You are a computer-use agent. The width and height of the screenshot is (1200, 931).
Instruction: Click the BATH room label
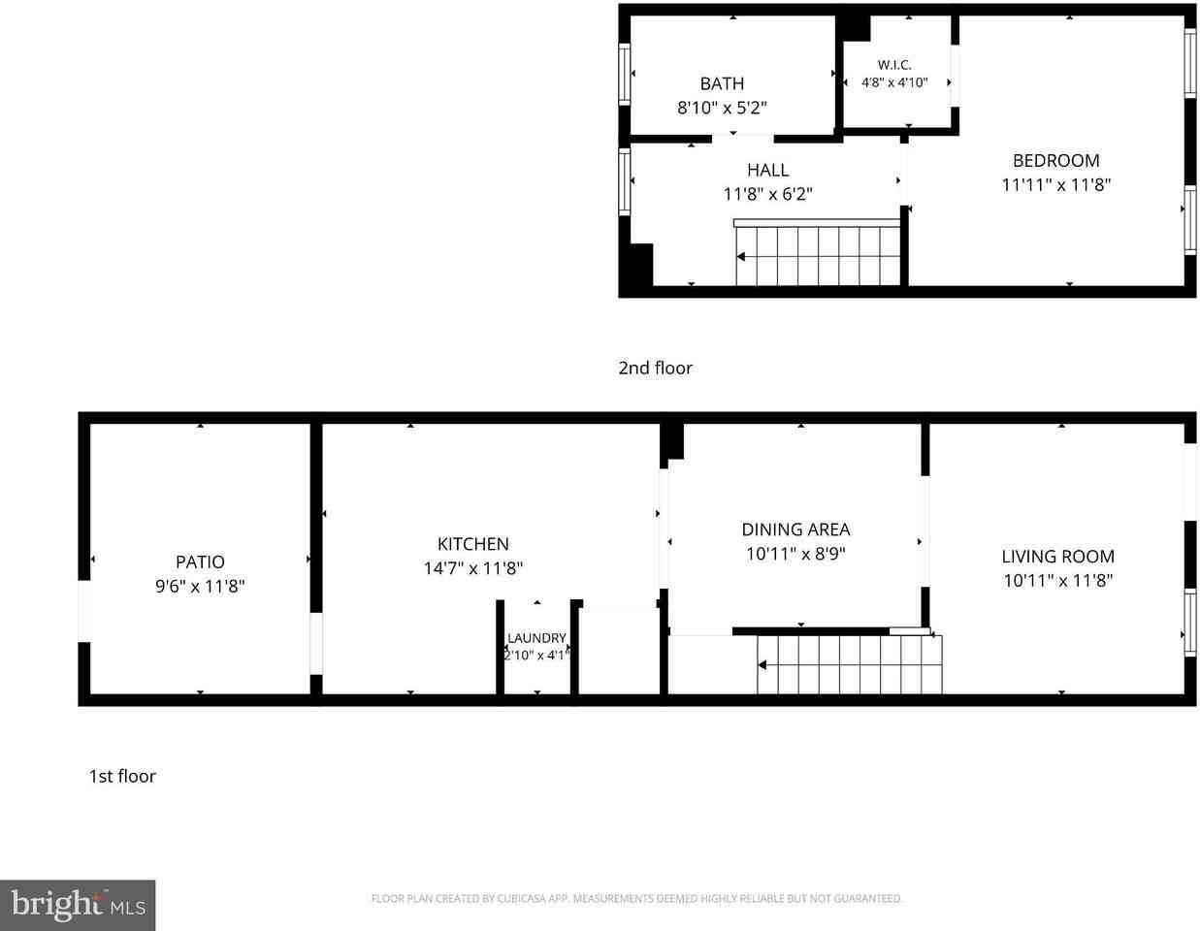[x=722, y=83]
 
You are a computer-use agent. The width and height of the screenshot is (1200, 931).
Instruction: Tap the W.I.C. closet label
[x=894, y=65]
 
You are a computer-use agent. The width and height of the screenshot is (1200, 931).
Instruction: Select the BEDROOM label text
[x=1055, y=161]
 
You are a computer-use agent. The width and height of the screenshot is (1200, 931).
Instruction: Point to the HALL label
[x=767, y=170]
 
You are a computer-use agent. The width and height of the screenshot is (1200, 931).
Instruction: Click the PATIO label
[x=200, y=562]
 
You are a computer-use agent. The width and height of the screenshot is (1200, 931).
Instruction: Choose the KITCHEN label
[x=472, y=544]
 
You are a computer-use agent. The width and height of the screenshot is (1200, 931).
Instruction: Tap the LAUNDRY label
[x=536, y=638]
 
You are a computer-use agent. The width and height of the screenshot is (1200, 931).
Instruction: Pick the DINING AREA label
[x=795, y=530]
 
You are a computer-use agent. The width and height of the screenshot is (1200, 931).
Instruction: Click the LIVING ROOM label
[x=1058, y=557]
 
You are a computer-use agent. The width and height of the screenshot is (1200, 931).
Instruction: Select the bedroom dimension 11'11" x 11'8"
[x=1055, y=185]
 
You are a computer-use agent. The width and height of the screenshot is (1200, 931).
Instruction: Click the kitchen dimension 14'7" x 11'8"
[x=472, y=568]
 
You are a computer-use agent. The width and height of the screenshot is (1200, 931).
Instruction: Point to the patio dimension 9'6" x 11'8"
[x=200, y=586]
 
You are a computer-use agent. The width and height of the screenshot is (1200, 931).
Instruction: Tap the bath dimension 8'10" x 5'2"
[x=722, y=108]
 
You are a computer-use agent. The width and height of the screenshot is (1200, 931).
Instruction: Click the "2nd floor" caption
[x=655, y=369]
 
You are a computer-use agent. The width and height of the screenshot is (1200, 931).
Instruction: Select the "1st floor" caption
[x=122, y=777]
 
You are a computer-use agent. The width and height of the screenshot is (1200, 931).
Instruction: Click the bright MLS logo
[x=78, y=906]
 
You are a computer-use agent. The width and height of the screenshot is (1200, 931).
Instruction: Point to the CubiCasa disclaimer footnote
[x=636, y=899]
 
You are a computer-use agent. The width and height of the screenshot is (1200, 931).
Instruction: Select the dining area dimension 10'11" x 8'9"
[x=795, y=554]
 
